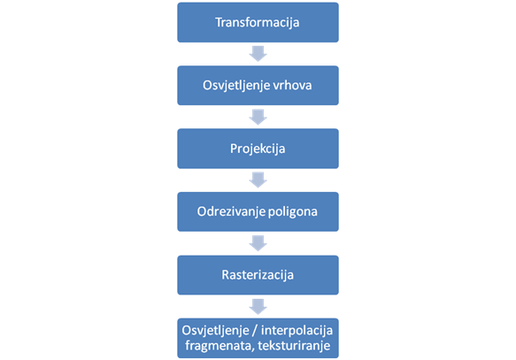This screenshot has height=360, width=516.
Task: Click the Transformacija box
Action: (258, 22)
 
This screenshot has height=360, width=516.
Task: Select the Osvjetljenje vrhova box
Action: (258, 86)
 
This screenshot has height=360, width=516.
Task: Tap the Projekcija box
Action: (258, 149)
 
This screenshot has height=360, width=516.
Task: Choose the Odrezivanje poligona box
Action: (258, 211)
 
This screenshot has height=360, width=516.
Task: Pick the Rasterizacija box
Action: (258, 275)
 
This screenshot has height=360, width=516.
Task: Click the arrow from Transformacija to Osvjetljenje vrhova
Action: (258, 54)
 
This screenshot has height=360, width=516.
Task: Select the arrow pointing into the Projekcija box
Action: (258, 117)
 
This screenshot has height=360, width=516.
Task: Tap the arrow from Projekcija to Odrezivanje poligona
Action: (258, 180)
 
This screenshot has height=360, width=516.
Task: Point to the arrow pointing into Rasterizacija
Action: (258, 243)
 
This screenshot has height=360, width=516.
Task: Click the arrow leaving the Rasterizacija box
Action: (258, 306)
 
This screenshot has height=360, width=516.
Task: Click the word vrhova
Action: (292, 85)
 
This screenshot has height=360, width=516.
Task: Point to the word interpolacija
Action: (297, 331)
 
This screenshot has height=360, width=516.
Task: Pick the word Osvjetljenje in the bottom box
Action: (216, 331)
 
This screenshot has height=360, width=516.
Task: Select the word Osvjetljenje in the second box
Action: (236, 86)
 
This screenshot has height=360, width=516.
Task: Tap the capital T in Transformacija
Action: (219, 22)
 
